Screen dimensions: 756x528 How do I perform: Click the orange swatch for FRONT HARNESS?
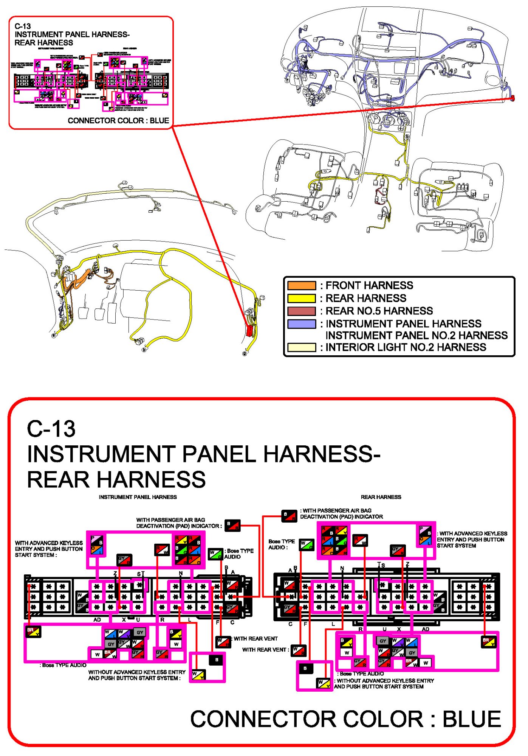pos(301,285)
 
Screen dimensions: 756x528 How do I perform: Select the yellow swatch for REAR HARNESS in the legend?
pos(301,298)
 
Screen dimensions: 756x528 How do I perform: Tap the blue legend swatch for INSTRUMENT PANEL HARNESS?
pos(301,324)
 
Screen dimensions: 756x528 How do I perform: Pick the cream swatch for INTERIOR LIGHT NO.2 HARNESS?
pos(301,347)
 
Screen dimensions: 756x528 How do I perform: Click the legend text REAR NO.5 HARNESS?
pos(379,311)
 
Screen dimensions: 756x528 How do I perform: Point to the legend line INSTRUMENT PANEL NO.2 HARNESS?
pos(416,336)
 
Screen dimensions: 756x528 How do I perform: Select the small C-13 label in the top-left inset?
pos(23,26)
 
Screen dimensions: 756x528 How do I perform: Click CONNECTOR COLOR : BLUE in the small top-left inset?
pos(118,121)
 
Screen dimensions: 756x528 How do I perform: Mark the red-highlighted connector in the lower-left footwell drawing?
pos(249,330)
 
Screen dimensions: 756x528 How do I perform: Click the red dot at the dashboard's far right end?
pos(513,98)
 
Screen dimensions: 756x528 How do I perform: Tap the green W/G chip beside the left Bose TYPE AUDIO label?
pos(215,554)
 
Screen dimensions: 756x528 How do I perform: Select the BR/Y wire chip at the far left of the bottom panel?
pos(33,632)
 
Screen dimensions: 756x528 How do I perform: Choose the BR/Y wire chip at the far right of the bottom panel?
pos(488,642)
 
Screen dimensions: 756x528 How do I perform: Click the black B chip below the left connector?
pos(216,660)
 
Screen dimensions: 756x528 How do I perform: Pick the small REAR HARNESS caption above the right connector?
pos(381,497)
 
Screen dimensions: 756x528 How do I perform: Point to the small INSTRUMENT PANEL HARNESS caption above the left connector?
pos(138,497)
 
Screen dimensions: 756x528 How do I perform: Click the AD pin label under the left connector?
pos(97,620)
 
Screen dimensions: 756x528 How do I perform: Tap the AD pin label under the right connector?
pos(425,629)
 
